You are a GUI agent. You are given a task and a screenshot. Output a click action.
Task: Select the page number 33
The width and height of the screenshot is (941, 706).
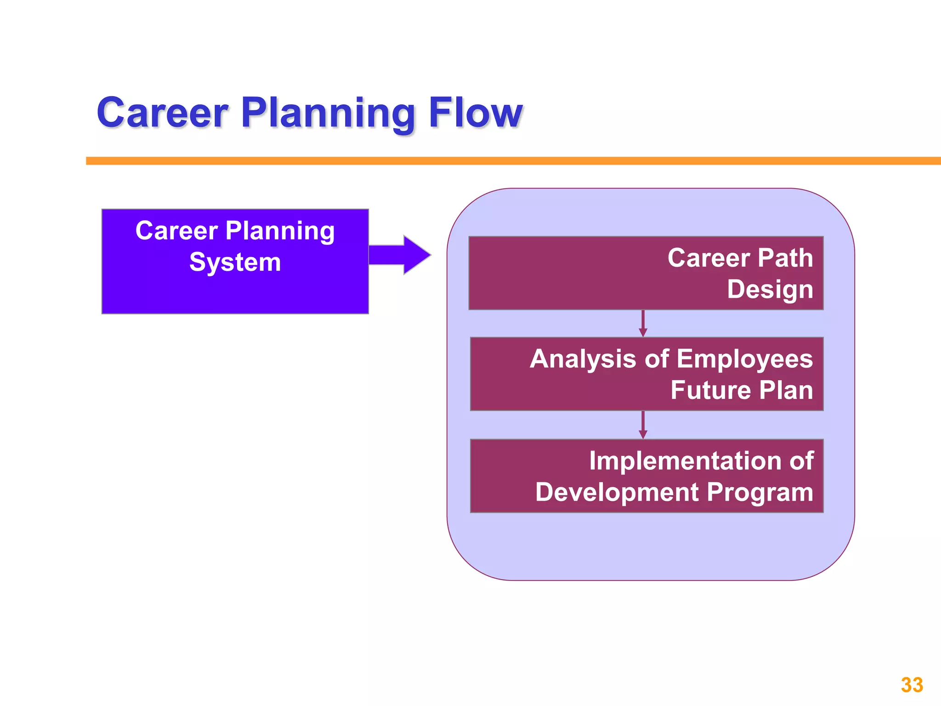click(912, 685)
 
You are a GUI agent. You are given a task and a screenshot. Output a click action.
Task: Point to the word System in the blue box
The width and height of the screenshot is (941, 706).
click(235, 262)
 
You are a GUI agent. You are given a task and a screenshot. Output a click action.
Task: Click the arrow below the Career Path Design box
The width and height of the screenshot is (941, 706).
click(643, 324)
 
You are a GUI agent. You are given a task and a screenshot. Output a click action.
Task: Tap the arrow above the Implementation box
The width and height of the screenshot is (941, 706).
click(643, 425)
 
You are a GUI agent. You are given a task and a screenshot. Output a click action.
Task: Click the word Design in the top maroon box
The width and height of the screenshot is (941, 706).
click(770, 290)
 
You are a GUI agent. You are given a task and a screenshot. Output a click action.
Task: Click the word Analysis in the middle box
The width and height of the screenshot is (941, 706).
click(583, 359)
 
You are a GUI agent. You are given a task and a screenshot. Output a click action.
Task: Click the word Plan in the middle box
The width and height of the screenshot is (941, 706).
click(786, 390)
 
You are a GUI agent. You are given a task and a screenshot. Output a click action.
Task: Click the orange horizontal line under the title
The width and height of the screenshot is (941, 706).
click(505, 161)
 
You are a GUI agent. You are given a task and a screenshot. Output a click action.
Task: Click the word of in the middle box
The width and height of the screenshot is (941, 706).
click(656, 359)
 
